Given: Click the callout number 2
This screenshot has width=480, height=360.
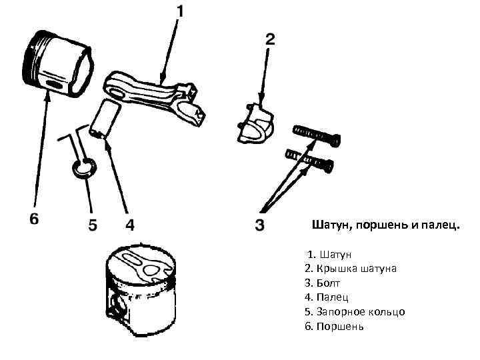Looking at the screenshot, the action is pyautogui.click(x=270, y=39).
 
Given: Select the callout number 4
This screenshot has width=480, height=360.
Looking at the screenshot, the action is pyautogui.click(x=131, y=224).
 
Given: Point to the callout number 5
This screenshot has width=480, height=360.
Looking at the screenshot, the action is pyautogui.click(x=93, y=224).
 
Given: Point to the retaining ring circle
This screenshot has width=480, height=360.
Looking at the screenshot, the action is pyautogui.click(x=84, y=169).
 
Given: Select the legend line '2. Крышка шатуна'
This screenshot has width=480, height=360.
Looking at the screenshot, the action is pyautogui.click(x=350, y=269).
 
